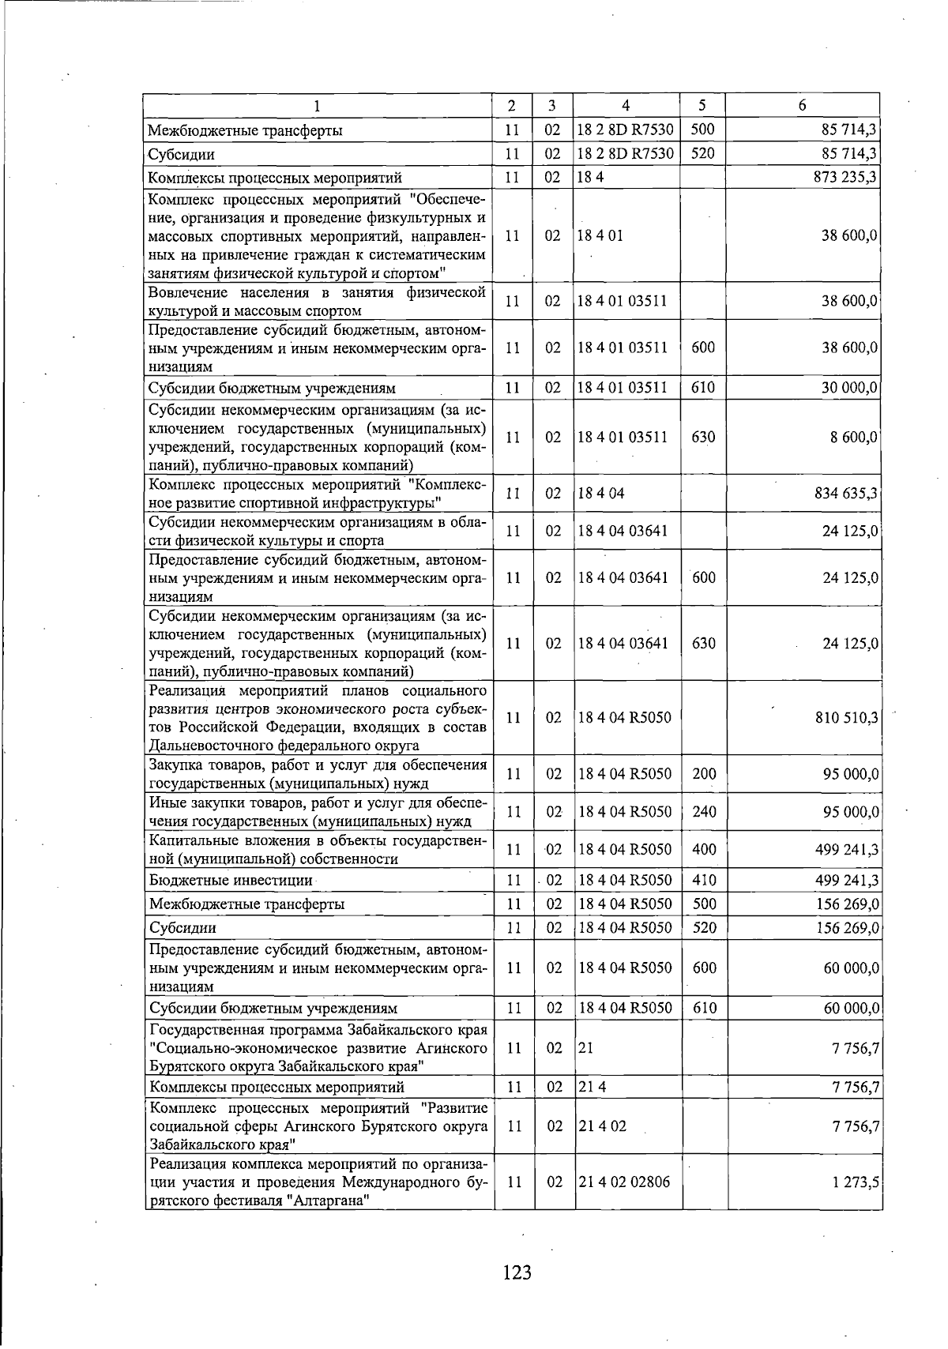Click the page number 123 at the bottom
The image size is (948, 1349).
[517, 1272]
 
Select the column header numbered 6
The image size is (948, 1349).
[802, 105]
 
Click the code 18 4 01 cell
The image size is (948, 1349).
[600, 236]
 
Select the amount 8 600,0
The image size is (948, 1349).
[853, 438]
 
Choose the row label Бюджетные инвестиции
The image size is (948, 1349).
[231, 880]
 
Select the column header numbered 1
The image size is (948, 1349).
[317, 105]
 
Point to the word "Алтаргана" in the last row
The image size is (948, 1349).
[328, 1201]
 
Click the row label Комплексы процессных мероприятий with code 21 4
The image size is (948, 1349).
[276, 1088]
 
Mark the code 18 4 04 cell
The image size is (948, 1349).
[600, 494]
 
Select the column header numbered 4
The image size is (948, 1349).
[626, 105]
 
